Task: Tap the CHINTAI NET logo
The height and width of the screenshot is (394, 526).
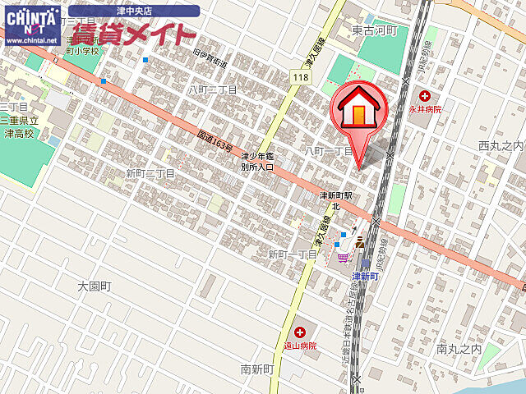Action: point(30,24)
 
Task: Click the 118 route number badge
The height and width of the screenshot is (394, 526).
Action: point(299,76)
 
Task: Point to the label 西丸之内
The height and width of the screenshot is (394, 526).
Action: point(500,145)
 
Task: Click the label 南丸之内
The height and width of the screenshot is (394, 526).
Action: point(459,349)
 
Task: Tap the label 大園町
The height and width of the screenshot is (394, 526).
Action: point(94,286)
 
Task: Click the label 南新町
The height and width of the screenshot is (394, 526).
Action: point(257,369)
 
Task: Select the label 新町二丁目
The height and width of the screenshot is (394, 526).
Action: point(150,173)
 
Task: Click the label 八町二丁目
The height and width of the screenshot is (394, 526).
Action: point(212,89)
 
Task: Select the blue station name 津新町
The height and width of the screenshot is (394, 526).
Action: point(365,277)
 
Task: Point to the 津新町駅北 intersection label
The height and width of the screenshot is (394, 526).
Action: point(335,202)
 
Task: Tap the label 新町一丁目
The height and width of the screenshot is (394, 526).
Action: point(293,254)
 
